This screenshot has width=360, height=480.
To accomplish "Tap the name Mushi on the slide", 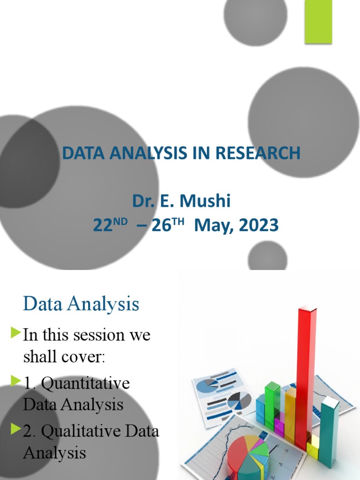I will (x=208, y=202).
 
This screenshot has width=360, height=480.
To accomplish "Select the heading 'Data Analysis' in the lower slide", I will (x=81, y=304).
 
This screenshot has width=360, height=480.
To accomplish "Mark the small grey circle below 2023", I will (x=267, y=256).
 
